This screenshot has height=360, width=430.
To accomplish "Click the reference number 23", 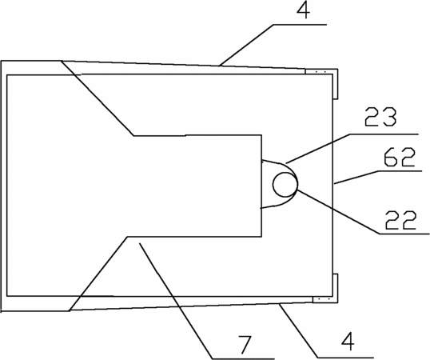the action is pyautogui.click(x=380, y=117).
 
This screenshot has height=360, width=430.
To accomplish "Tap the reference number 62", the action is pyautogui.click(x=400, y=158).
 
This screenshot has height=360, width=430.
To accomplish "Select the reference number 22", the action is pyautogui.click(x=401, y=220).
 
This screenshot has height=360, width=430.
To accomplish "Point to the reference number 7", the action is pyautogui.click(x=245, y=345).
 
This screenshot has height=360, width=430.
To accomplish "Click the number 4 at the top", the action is pyautogui.click(x=303, y=10).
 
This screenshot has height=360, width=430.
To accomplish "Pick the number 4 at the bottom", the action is pyautogui.click(x=348, y=342).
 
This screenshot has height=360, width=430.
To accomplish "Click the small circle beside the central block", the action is pyautogui.click(x=285, y=184).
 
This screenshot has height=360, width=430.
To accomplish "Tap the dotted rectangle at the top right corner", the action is pyautogui.click(x=320, y=72).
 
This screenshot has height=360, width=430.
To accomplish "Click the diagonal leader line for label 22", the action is pyautogui.click(x=339, y=211).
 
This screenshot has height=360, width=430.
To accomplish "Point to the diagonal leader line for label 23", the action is pyautogui.click(x=317, y=149).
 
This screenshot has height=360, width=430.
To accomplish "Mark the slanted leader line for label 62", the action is pyautogui.click(x=356, y=177).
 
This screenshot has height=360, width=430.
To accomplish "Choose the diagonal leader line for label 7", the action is pyautogui.click(x=176, y=301).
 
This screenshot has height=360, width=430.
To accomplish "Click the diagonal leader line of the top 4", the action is pyautogui.click(x=246, y=45).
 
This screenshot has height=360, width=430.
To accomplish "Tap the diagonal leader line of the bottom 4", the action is pyautogui.click(x=298, y=330).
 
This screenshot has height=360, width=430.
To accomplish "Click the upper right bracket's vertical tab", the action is pyautogui.click(x=336, y=84).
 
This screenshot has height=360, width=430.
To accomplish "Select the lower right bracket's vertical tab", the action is pyautogui.click(x=336, y=288).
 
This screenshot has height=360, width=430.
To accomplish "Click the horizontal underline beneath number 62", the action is pyautogui.click(x=400, y=171).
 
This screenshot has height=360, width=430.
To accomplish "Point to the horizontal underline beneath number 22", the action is pyautogui.click(x=404, y=234).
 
